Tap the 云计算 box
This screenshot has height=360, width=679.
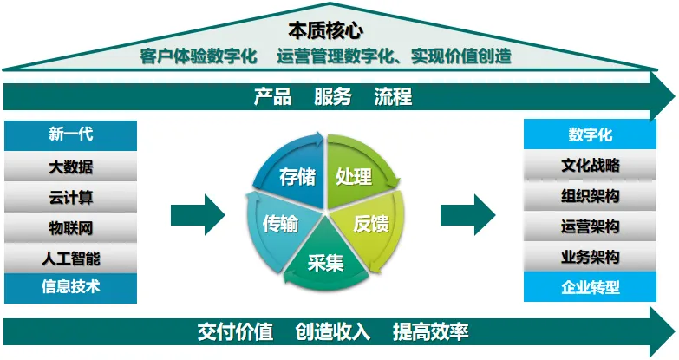click(x=71, y=198)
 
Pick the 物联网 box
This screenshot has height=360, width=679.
click(x=71, y=228)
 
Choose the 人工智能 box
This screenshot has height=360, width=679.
click(x=71, y=258)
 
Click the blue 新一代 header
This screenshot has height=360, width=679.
click(x=71, y=134)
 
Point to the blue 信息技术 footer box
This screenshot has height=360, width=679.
click(x=71, y=286)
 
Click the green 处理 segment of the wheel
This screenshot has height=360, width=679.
click(x=354, y=176)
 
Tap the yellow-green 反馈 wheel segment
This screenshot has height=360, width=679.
click(x=371, y=223)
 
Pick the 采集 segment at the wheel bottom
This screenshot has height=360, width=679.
click(x=326, y=259)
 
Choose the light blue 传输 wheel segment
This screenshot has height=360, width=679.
click(x=280, y=223)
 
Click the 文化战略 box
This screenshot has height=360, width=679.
click(x=590, y=166)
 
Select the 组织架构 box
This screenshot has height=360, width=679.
click(x=590, y=197)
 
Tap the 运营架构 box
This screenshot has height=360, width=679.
click(x=590, y=227)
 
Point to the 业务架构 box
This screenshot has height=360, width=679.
click(x=590, y=257)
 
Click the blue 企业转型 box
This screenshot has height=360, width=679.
click(x=590, y=287)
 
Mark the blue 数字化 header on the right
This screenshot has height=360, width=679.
click(x=590, y=134)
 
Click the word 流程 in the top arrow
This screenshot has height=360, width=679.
click(x=393, y=96)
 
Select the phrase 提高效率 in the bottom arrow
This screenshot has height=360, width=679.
click(x=431, y=331)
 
